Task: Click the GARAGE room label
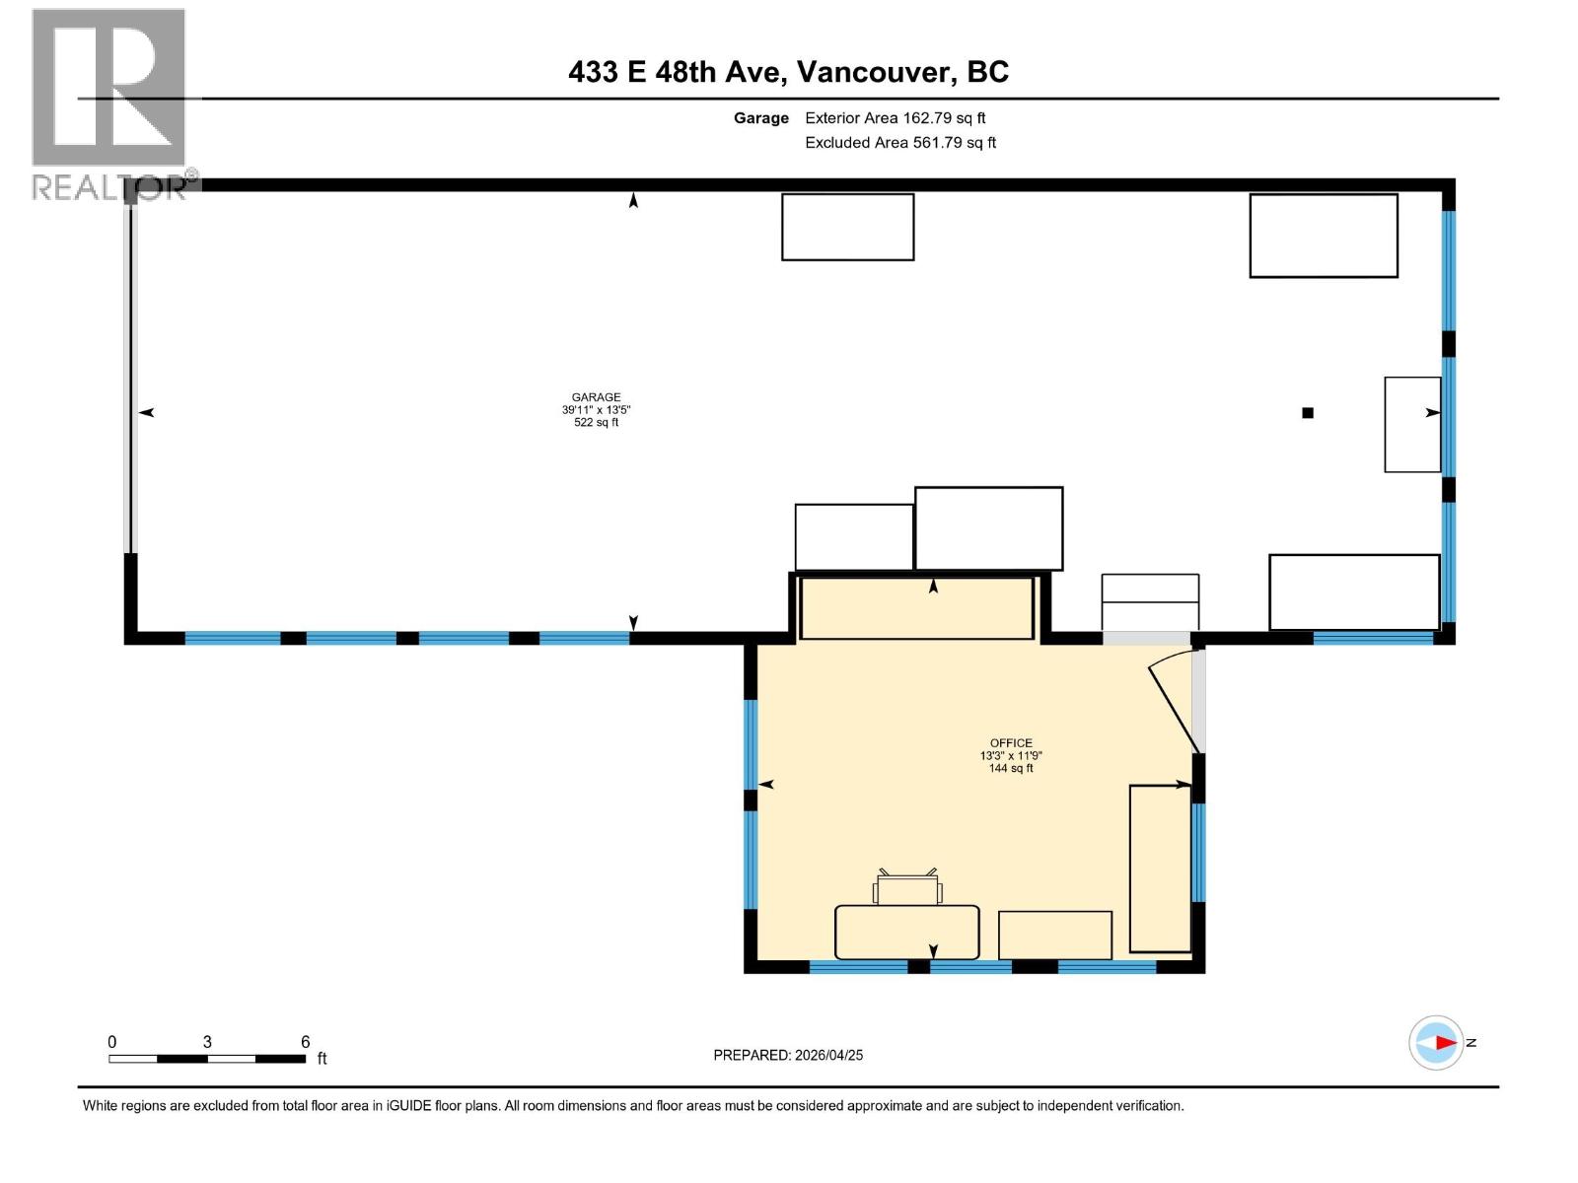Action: coord(596,397)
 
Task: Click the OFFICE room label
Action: coord(1011,743)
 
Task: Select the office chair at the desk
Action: coord(907,888)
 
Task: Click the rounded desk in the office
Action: coord(906,932)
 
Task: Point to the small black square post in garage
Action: coord(1308,413)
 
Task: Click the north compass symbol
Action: coord(1436,1042)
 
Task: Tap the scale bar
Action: coord(207,1058)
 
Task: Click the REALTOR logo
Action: coord(109,104)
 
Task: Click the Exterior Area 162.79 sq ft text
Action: coord(895,117)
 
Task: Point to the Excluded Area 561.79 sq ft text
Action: coord(899,142)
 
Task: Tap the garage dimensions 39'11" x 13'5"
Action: coord(596,410)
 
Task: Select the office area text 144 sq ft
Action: coord(1011,768)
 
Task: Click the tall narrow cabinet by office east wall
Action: coord(1160,868)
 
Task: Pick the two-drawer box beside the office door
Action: coord(1150,601)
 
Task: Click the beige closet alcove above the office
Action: coord(916,607)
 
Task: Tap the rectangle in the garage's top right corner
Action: coord(1324,236)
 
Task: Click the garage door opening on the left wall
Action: coord(129,375)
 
